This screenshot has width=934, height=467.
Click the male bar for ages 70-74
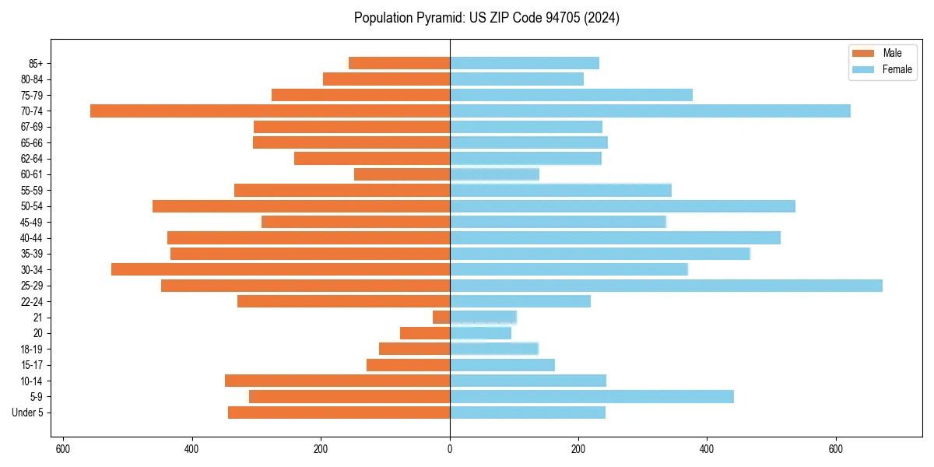point(270,111)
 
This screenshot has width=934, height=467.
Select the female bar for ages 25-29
point(666,286)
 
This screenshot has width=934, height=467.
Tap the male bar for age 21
point(441,317)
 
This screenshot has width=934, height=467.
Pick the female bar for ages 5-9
point(592,396)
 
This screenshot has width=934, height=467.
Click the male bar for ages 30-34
point(280,269)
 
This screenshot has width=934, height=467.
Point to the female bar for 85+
point(525,63)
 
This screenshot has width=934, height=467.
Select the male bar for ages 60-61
point(402,174)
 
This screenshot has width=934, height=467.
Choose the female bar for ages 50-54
point(623,206)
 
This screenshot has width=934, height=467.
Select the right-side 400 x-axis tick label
point(707,449)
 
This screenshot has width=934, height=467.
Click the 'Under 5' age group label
point(28,413)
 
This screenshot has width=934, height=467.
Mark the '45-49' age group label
point(32,222)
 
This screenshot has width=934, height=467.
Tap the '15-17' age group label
point(32,365)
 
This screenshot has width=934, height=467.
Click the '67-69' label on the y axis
point(32,127)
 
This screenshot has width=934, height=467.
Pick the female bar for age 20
point(480,333)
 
